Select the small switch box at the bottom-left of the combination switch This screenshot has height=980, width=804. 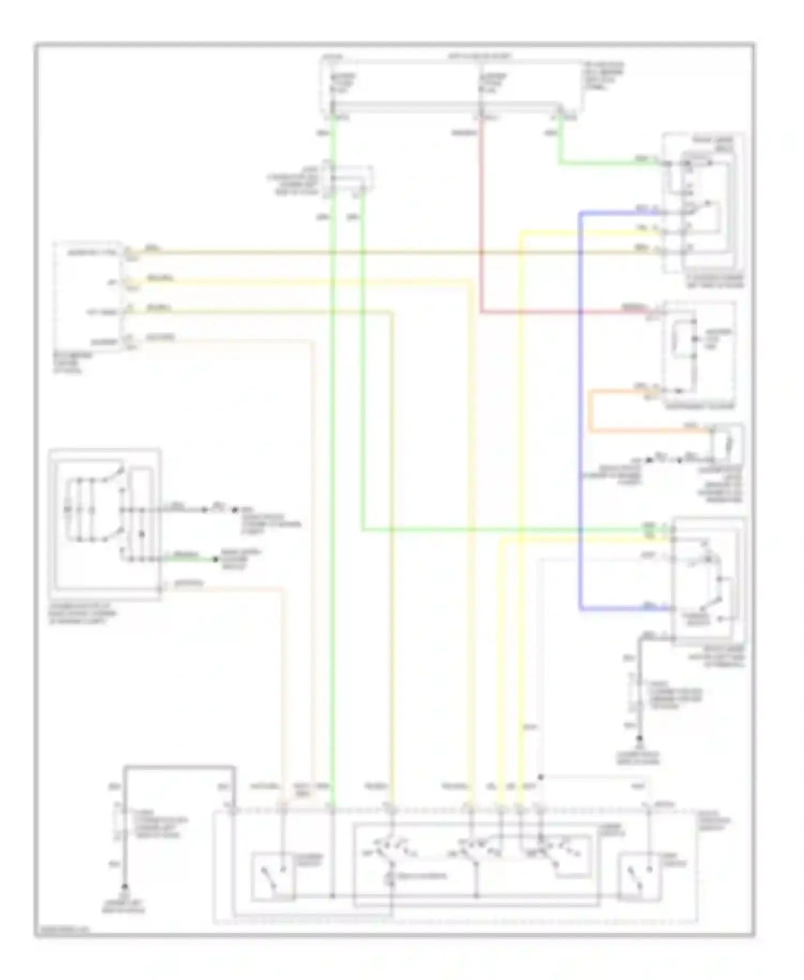click(272, 876)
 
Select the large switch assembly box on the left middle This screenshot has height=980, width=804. click(105, 523)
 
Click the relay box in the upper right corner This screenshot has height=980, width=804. click(702, 204)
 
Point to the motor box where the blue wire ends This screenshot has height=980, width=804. click(708, 582)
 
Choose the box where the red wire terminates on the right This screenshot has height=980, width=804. click(698, 354)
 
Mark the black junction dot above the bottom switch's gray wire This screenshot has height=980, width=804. click(540, 777)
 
